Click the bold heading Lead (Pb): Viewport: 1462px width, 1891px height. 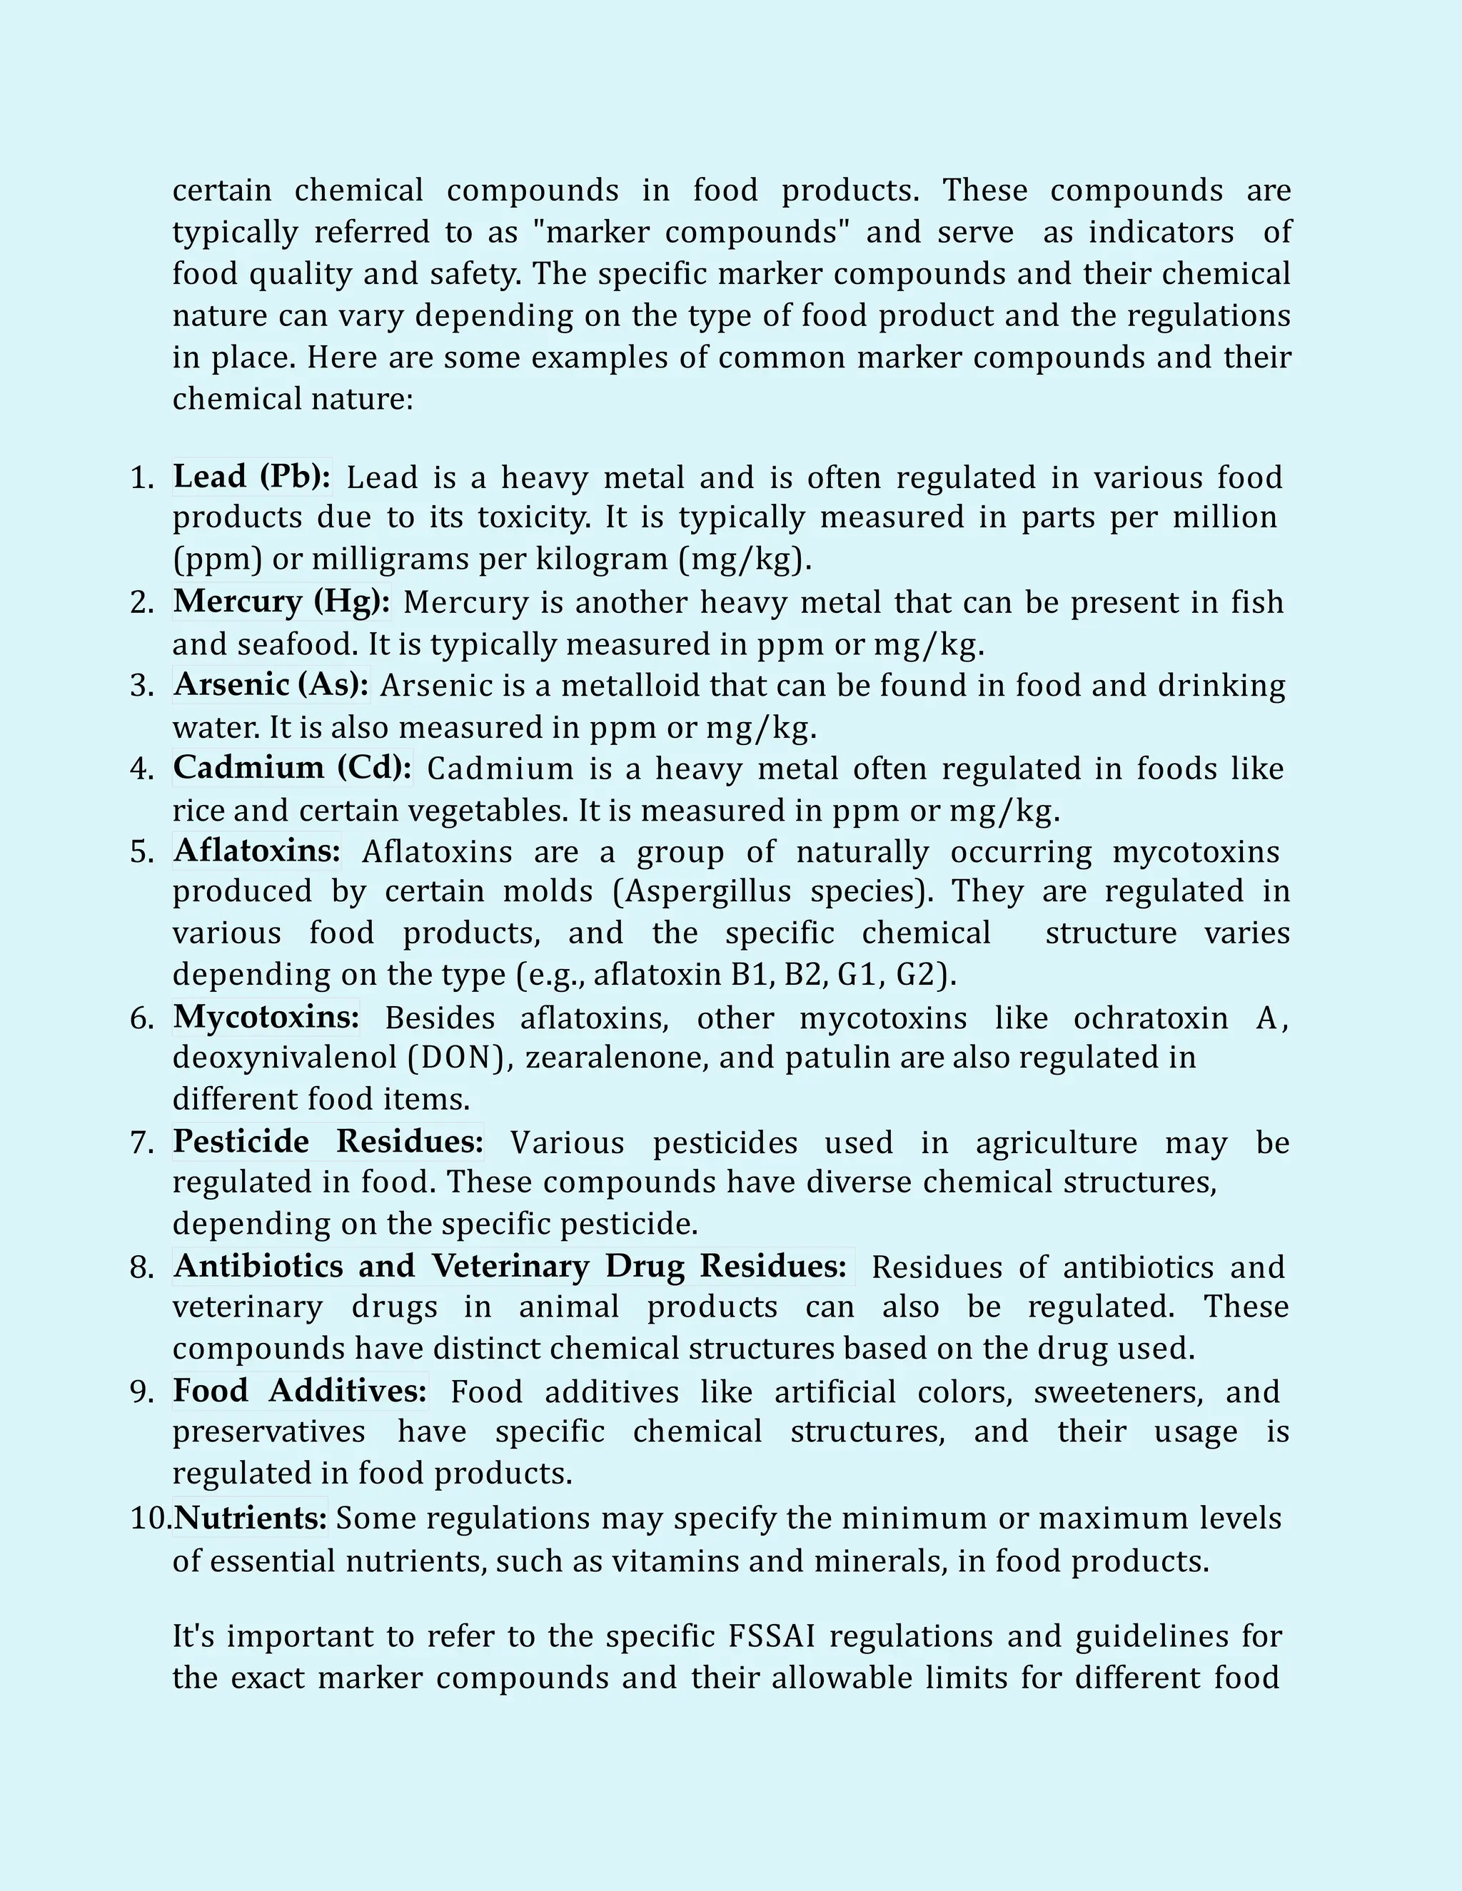click(x=251, y=476)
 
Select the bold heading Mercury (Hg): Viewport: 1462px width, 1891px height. click(x=281, y=601)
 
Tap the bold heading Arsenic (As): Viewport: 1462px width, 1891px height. click(x=271, y=684)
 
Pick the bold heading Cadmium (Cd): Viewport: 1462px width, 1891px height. click(x=293, y=767)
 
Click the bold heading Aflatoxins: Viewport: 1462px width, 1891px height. click(x=257, y=851)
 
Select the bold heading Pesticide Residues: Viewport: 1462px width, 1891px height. click(x=328, y=1141)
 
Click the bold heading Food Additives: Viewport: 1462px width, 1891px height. click(x=300, y=1391)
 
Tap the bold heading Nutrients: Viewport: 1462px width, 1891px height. click(x=251, y=1518)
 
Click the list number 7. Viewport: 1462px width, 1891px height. click(x=141, y=1143)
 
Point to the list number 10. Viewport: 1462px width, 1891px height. click(x=150, y=1518)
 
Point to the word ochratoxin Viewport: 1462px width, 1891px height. click(x=1150, y=1018)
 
